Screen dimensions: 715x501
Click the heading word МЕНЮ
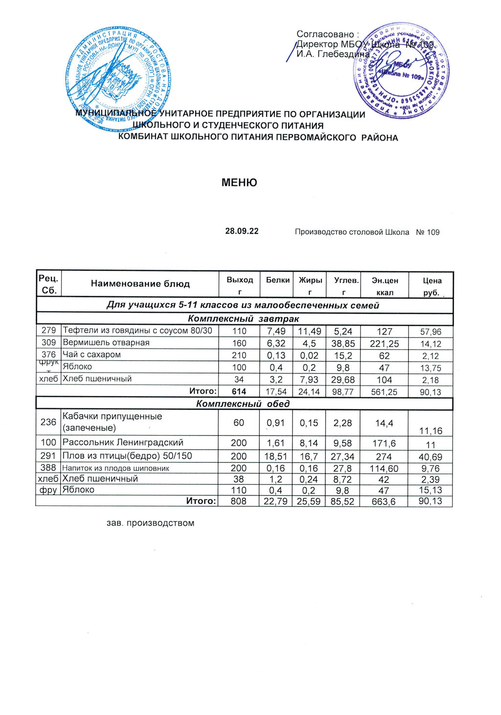[x=239, y=183]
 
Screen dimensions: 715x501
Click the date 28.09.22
[x=242, y=231]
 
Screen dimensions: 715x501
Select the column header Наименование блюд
[x=140, y=284]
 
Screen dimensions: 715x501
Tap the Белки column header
[x=277, y=280]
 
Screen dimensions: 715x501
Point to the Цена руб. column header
[x=432, y=286]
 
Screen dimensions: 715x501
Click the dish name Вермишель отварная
[x=106, y=343]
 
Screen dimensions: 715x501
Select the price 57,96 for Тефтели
[x=431, y=332]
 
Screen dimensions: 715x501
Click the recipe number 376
[x=48, y=355]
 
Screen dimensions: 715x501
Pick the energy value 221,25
[x=385, y=344]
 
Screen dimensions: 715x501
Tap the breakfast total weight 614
[x=239, y=392]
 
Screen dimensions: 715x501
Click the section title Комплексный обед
[x=243, y=404]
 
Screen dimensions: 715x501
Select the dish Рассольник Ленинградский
[x=123, y=442]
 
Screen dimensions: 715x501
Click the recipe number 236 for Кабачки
[x=48, y=422]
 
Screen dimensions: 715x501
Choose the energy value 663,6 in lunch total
[x=384, y=502]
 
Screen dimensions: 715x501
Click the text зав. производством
[x=150, y=523]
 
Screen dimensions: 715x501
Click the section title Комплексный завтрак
[x=243, y=319]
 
